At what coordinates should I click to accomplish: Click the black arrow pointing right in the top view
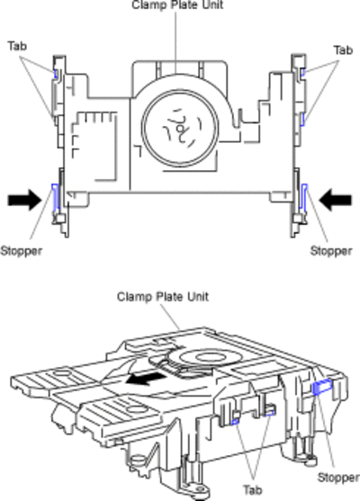coord(24,200)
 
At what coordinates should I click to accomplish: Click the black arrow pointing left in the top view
coord(336,200)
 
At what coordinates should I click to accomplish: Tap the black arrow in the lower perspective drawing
coord(146,379)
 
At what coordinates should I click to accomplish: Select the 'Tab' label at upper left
coord(18,46)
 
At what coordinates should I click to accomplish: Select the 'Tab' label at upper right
coord(344,50)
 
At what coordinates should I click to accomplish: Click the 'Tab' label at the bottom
coord(253,490)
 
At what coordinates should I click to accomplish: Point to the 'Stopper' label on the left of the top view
coord(21,251)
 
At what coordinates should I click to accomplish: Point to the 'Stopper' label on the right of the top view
coord(331,251)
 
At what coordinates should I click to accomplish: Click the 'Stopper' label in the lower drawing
coord(338,478)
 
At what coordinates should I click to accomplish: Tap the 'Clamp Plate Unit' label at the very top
coord(177,4)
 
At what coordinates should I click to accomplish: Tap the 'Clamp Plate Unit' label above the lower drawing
coord(163,297)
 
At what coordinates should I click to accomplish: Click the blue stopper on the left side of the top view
coord(56,197)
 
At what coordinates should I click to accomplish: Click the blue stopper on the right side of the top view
coord(304,197)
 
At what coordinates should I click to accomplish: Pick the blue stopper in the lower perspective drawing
coord(322,387)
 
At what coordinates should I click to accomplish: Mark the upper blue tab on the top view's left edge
coord(57,74)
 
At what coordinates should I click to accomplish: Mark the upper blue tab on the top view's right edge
coord(303,74)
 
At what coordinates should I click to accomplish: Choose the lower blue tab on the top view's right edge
coord(303,120)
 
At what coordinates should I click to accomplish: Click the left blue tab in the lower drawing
coord(235,422)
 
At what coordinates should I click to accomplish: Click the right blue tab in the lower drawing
coord(270,413)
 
